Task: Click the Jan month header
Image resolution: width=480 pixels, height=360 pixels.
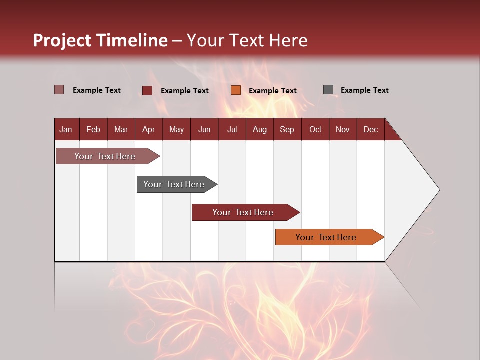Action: pos(66,129)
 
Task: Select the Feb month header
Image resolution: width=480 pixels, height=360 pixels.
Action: pos(93,129)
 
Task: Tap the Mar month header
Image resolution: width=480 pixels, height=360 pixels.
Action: pos(121,129)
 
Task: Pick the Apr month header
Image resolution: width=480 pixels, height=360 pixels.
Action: pos(148,129)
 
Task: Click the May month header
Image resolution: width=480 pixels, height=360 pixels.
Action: pos(176,129)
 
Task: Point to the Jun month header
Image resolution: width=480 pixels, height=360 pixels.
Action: pos(204,129)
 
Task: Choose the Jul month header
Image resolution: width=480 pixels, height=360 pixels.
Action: pos(232,129)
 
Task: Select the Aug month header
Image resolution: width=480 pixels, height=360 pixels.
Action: pos(259,129)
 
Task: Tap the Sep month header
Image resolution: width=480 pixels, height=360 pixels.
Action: pos(287,129)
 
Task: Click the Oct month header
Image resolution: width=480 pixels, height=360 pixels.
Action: pos(315,129)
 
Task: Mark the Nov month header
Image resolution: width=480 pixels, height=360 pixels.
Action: pos(343,129)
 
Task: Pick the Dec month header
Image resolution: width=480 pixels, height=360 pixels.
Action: pos(370,129)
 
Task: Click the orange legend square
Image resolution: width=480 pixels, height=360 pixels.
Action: pos(236,90)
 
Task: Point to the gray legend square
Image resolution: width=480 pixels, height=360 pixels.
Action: pos(328,90)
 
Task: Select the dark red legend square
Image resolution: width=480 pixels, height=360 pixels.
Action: pos(147,90)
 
